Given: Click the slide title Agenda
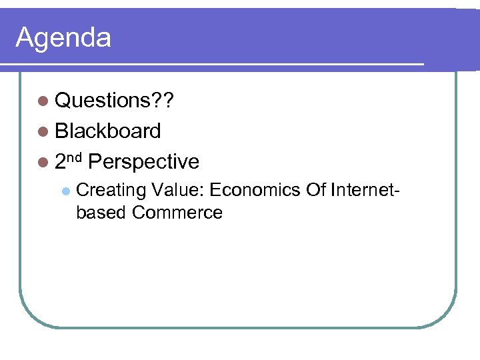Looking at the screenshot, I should (63, 38).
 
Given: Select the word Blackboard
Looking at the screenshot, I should (108, 131).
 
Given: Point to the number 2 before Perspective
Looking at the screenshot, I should (61, 162).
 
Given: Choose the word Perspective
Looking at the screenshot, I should (143, 162).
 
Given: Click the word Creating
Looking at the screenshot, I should (111, 191).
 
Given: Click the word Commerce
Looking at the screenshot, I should (177, 213).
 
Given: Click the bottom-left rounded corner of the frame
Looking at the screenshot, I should (31, 316).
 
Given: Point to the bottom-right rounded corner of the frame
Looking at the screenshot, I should (445, 316).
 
